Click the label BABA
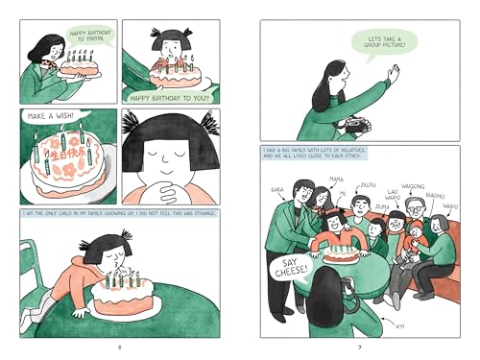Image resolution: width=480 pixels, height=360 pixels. coord(278,190)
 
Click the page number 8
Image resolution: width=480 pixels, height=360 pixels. coord(118,343)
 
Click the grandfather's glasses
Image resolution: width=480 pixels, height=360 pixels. coord(411,209)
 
